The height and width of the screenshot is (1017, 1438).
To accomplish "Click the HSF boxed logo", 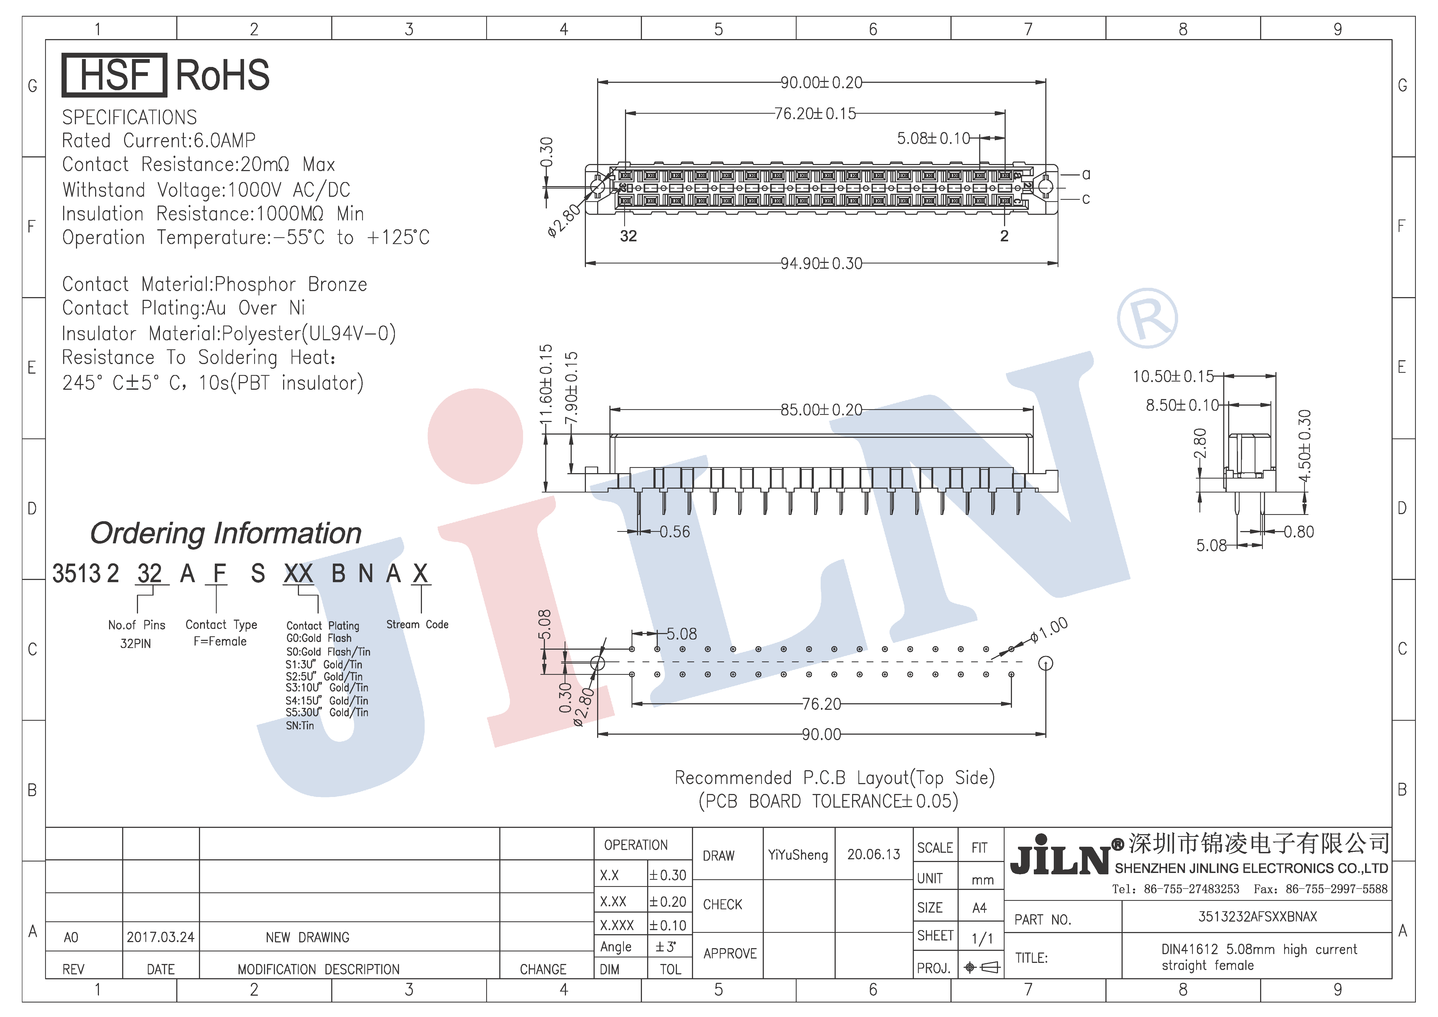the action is click(114, 75).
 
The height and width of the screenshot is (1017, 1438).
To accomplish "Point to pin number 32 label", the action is click(628, 236).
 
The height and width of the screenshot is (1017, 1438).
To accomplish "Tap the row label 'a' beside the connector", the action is click(1086, 174).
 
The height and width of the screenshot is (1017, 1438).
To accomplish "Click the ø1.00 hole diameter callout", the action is click(1049, 630).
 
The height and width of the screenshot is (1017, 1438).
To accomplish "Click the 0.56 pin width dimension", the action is click(674, 532).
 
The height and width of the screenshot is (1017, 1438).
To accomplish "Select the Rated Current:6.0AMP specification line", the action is click(159, 140).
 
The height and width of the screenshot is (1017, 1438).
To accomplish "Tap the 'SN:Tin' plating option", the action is click(300, 725).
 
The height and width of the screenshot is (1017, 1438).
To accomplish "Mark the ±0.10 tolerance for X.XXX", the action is click(668, 925).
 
